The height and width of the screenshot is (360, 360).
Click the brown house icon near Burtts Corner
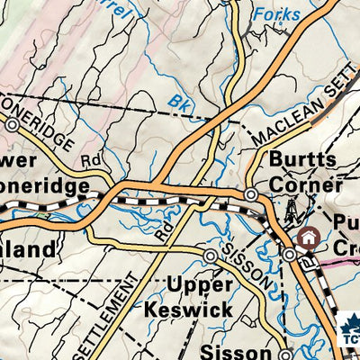[x=309, y=238]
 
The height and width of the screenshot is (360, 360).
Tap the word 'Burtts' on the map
[x=294, y=157]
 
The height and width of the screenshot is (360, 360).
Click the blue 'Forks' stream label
[x=276, y=15]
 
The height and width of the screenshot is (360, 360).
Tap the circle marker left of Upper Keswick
[x=211, y=257]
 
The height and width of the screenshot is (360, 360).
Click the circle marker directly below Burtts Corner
[x=252, y=194]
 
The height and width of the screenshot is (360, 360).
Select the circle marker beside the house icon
[x=289, y=256]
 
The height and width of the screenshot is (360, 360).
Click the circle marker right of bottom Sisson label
[x=284, y=354]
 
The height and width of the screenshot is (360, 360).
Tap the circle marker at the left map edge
[x=12, y=127]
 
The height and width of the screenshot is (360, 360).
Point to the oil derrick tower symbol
[x=291, y=213]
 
